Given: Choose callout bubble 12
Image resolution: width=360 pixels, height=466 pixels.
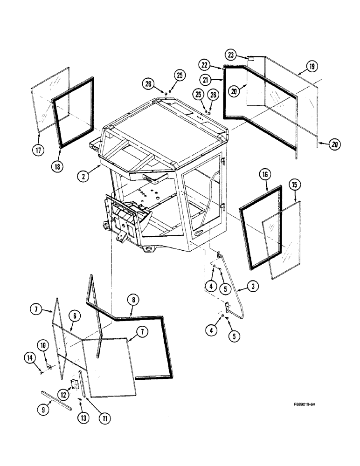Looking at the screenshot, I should coord(62,394).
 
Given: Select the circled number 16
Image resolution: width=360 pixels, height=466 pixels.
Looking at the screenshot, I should coord(264,175).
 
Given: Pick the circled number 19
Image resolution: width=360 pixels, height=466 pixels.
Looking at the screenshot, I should coord(312,67).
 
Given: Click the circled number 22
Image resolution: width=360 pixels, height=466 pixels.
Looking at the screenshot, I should coord(218,66).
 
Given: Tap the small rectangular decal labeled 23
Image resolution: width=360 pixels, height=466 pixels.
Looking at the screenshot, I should coord(250,59).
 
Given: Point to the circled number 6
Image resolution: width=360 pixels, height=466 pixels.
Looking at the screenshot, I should coord(74,316).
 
